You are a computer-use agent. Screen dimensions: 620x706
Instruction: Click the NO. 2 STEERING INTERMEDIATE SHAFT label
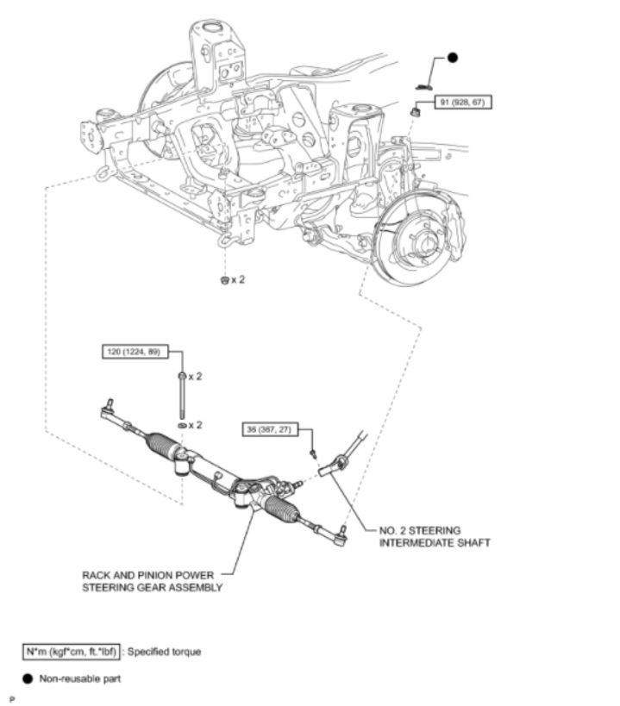[x=435, y=536]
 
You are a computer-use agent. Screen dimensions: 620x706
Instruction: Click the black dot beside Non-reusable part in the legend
[x=28, y=678]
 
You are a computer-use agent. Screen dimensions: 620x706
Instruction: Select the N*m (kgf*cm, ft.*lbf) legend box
[x=72, y=652]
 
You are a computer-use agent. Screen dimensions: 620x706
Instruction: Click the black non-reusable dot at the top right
[x=453, y=58]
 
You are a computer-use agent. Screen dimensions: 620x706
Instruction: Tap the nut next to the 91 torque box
[x=416, y=110]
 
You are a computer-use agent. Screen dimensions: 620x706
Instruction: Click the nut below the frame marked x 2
[x=225, y=280]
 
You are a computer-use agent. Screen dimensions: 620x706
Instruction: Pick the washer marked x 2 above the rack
[x=182, y=425]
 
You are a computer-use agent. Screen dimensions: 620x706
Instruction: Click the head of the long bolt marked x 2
[x=182, y=376]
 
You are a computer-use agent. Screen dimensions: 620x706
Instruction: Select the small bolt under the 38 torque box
[x=313, y=453]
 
